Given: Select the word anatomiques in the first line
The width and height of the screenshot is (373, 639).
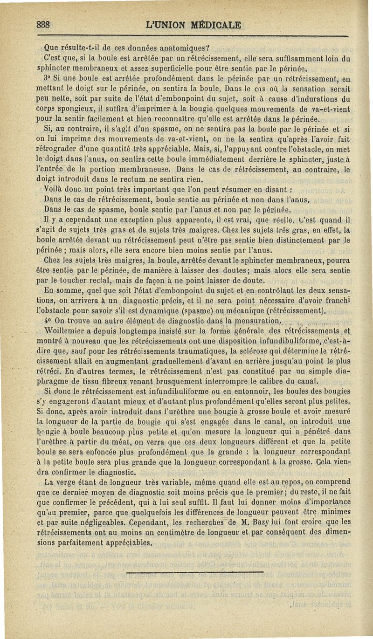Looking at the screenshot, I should tap(180, 48).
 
